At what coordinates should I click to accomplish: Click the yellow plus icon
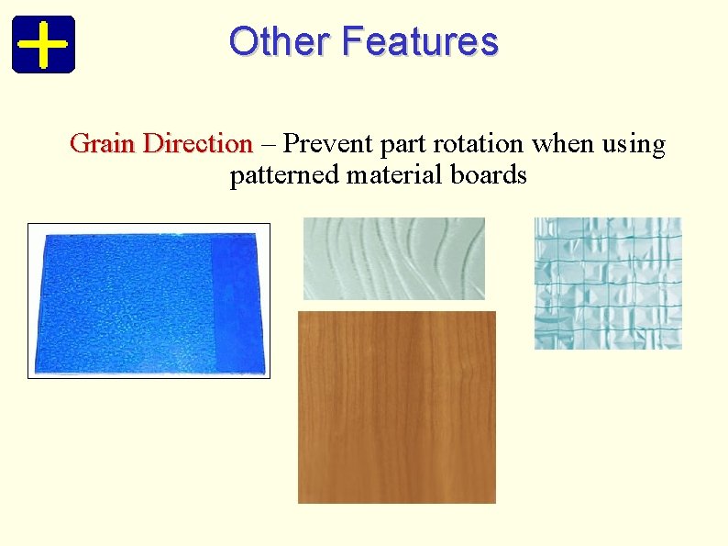pyautogui.click(x=43, y=43)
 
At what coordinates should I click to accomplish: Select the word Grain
pyautogui.click(x=104, y=144)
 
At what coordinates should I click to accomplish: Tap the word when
pyautogui.click(x=559, y=144)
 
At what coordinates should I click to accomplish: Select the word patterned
pyautogui.click(x=284, y=175)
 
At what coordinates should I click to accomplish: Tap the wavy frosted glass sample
pyautogui.click(x=393, y=258)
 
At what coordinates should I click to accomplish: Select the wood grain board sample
pyautogui.click(x=396, y=407)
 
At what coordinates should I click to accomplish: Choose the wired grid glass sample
pyautogui.click(x=608, y=283)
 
